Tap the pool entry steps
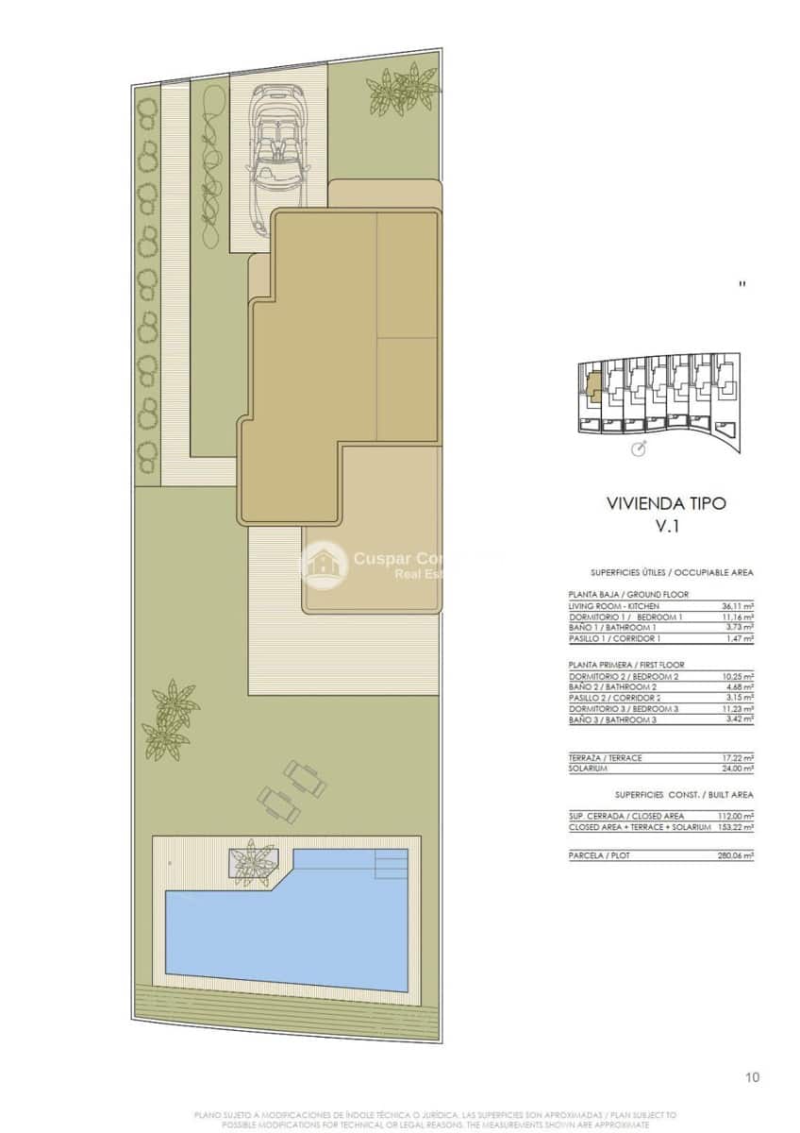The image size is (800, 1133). tap(392, 862)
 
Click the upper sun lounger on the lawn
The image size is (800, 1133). tap(305, 778)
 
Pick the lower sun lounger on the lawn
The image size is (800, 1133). tap(278, 804)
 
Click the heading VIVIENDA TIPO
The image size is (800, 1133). tap(666, 503)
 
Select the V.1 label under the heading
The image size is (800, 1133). tap(667, 528)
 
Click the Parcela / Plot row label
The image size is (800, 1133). tap(600, 855)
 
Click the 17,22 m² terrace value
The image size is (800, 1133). tap(736, 758)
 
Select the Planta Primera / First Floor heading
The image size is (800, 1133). tap(626, 665)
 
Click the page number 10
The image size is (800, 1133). tap(752, 1077)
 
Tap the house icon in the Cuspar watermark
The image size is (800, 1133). tap(323, 565)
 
